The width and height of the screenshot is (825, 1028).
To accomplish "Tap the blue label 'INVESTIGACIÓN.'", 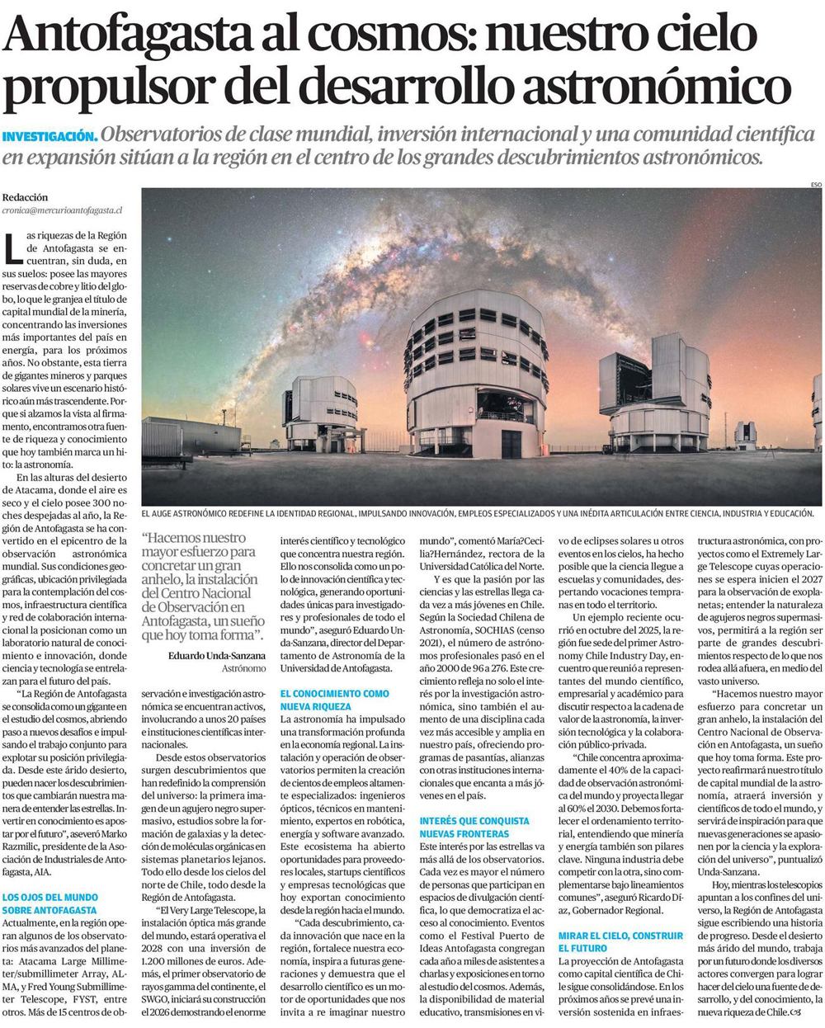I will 50,137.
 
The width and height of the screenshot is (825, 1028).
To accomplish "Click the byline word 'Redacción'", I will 26,198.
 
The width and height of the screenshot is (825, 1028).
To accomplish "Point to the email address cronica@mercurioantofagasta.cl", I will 62,211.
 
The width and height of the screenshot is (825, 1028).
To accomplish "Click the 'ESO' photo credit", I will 815,185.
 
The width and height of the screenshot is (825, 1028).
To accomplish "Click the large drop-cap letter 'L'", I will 12,248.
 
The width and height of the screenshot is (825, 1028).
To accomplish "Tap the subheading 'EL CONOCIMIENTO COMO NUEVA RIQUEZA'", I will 334,700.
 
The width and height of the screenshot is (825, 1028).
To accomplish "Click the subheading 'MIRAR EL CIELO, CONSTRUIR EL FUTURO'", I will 620,942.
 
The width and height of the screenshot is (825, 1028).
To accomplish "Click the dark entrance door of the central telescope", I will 511,444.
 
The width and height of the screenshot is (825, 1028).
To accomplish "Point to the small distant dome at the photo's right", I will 745,433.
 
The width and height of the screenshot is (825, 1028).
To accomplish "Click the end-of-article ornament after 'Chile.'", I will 795,1011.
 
